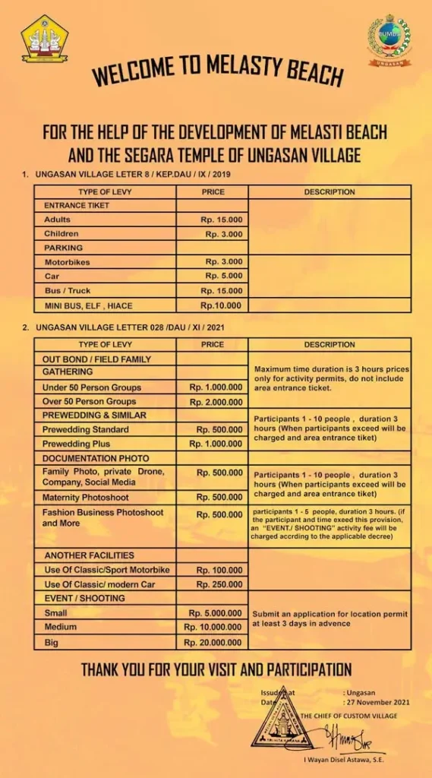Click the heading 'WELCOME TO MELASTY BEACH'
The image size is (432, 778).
tap(217, 71)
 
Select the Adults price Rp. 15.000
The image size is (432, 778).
tap(221, 220)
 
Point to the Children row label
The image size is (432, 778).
tap(61, 234)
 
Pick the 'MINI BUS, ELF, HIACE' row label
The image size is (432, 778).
tap(88, 305)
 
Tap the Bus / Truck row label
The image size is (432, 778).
tap(67, 290)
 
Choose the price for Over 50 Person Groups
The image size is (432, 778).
tap(216, 401)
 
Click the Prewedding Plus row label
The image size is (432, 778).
tap(77, 444)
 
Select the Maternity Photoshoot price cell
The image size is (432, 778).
tap(219, 498)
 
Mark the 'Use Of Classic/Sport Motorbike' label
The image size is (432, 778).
tap(107, 570)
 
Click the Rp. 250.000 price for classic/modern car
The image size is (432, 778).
tap(219, 584)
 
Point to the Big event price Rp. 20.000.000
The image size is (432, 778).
tap(213, 643)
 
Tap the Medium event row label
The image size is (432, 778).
tap(60, 628)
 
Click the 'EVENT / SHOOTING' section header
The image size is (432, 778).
tap(84, 599)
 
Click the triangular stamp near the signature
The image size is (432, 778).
tap(282, 719)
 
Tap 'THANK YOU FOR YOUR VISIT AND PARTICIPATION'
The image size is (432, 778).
tap(216, 670)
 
